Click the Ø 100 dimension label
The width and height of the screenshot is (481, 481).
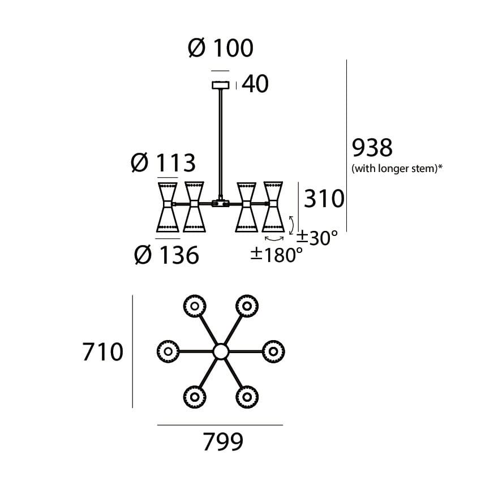[221, 49]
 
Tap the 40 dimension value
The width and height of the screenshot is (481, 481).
[255, 84]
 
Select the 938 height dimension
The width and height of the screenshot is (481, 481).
[372, 148]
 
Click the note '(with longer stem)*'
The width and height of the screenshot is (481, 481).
[397, 168]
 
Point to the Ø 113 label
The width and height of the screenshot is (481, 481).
[163, 164]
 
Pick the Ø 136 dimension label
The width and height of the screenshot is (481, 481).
[167, 256]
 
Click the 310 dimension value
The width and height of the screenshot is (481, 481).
[324, 199]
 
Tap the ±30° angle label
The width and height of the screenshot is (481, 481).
[319, 238]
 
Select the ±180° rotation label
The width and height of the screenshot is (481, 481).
[277, 255]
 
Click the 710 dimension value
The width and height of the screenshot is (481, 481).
[102, 352]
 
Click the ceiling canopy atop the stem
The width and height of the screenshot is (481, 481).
[220, 85]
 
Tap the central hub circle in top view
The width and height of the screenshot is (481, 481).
[220, 352]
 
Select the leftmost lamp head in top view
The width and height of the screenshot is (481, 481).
[168, 352]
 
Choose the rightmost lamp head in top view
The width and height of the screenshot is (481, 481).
[273, 352]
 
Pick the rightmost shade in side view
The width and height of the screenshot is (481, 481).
[273, 207]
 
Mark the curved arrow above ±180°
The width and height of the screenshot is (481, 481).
[273, 239]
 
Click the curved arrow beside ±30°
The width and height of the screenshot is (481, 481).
[291, 225]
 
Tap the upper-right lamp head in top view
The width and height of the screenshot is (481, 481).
[247, 306]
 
